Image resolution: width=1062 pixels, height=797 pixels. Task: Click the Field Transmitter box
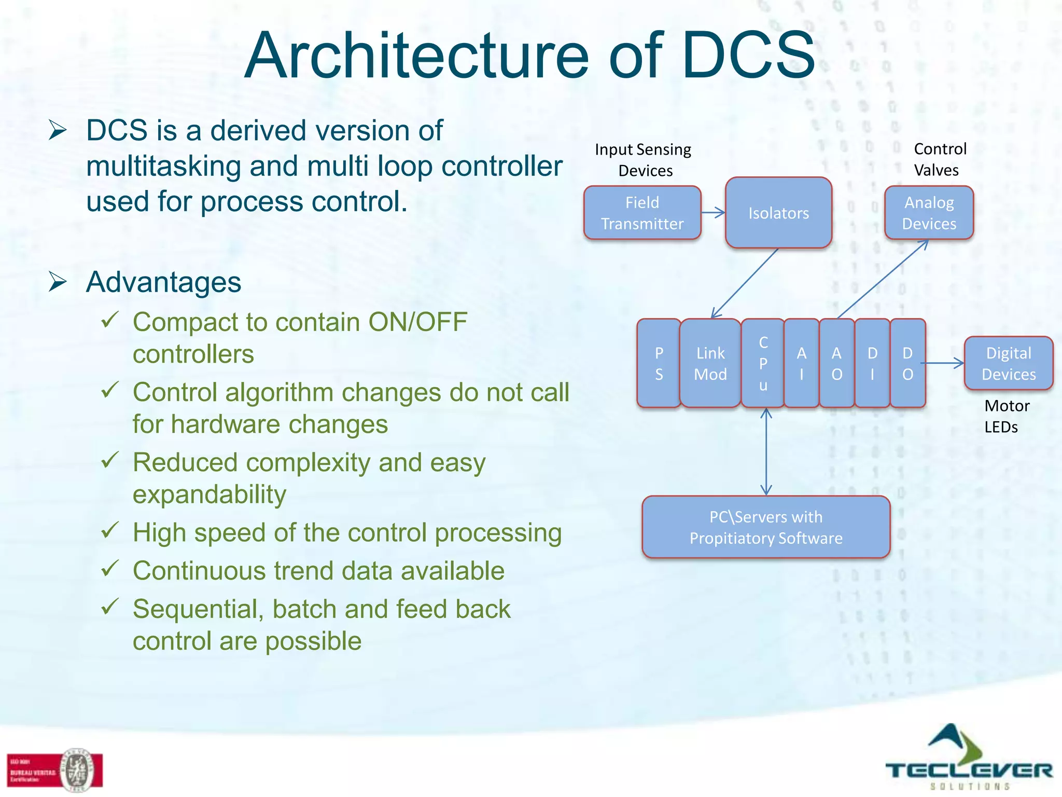click(642, 213)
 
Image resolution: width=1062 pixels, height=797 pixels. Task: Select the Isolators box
click(778, 213)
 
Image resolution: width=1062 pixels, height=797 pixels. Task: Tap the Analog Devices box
click(929, 213)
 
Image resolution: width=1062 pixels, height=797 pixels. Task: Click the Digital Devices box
click(1008, 363)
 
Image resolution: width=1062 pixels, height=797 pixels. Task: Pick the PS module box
click(659, 363)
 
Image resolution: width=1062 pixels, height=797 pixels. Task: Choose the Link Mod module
click(710, 363)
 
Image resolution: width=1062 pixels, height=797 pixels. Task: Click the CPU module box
click(763, 363)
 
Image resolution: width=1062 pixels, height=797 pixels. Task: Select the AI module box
click(801, 363)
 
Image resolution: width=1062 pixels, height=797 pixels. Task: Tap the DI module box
click(872, 363)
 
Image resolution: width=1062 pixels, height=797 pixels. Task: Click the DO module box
click(907, 363)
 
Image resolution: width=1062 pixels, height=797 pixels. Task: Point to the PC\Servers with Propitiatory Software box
click(766, 527)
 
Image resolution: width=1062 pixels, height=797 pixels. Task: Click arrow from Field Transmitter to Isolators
click(713, 213)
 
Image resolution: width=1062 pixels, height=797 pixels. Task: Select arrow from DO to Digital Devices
click(945, 363)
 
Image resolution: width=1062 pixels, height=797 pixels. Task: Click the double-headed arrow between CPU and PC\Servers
click(766, 451)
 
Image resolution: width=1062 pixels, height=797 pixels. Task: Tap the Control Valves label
click(939, 159)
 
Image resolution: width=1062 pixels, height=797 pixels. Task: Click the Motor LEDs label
click(1006, 416)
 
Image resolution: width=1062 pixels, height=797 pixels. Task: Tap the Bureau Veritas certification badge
click(55, 771)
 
